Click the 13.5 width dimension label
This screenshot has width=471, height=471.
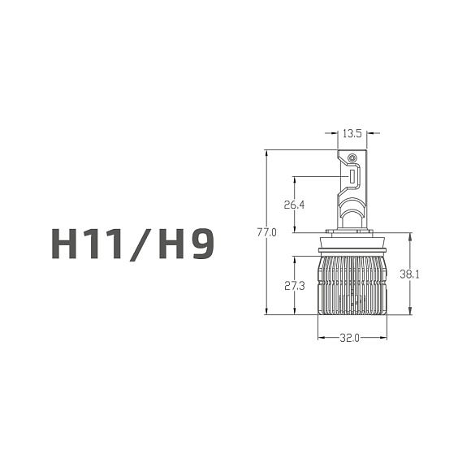pyautogui.click(x=352, y=133)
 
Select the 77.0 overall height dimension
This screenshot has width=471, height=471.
pyautogui.click(x=266, y=232)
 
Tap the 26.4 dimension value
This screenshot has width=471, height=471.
pyautogui.click(x=294, y=205)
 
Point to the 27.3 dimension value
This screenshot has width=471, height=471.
pyautogui.click(x=294, y=286)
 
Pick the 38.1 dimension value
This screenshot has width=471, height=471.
pyautogui.click(x=410, y=274)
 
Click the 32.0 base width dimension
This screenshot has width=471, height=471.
pyautogui.click(x=352, y=338)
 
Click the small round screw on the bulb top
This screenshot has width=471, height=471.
pyautogui.click(x=352, y=157)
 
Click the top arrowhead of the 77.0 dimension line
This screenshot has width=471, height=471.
pyautogui.click(x=266, y=153)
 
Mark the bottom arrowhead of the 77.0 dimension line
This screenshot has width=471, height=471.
pyautogui.click(x=266, y=312)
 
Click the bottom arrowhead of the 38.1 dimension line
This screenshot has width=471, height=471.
pyautogui.click(x=410, y=312)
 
